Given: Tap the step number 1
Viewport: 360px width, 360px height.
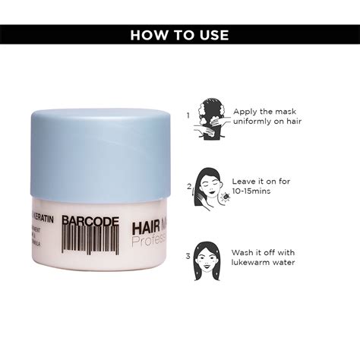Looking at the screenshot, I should pos(188,115).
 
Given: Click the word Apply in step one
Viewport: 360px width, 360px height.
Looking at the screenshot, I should pos(246,111).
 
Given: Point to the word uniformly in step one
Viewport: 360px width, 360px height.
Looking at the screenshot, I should pos(255,122).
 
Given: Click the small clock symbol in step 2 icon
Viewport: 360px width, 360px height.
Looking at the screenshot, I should pos(224,197).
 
